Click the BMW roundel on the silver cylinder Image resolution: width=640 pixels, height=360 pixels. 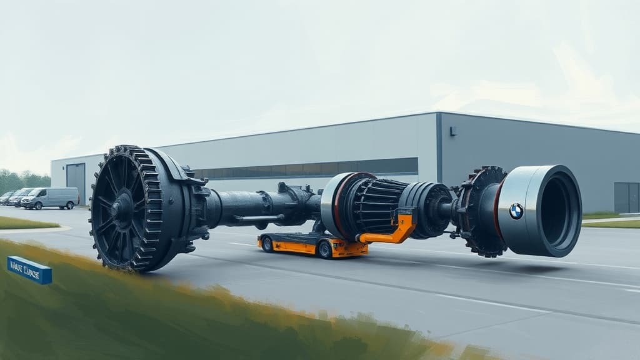516,211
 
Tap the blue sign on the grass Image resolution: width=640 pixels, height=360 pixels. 29,270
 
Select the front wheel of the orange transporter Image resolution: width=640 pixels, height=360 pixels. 325,249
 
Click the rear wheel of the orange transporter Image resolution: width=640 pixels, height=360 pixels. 267,244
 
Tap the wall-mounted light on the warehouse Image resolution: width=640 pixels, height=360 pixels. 452,131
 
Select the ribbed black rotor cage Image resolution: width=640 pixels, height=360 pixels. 375,206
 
